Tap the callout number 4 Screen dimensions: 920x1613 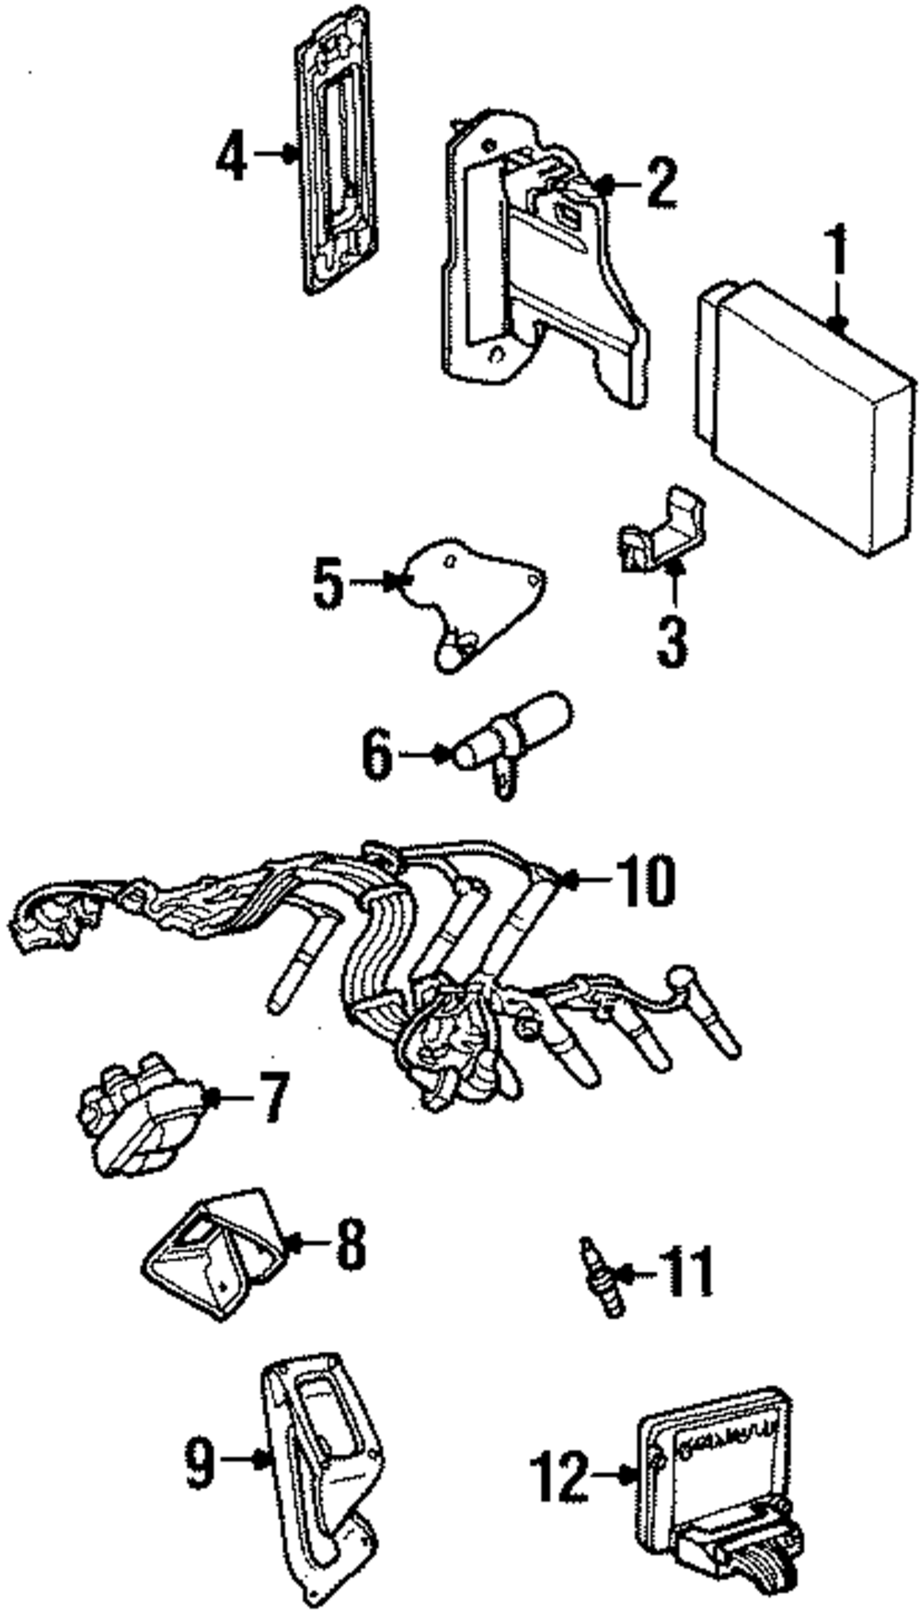(x=232, y=156)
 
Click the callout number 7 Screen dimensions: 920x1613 (x=274, y=1097)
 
